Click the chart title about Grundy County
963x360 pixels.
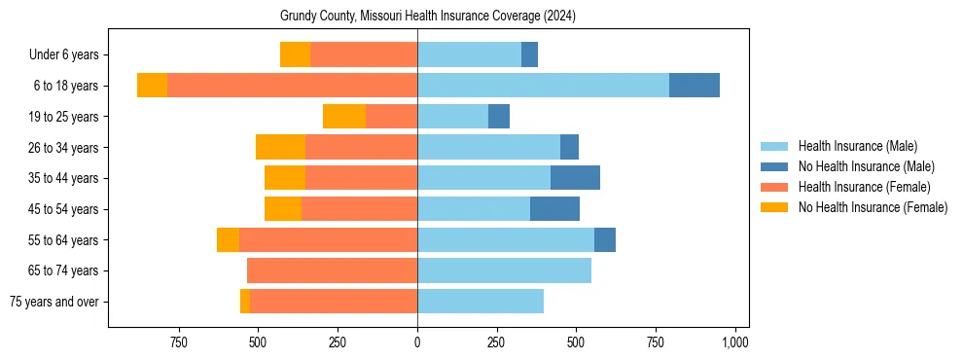(428, 17)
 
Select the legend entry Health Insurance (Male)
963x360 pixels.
(857, 146)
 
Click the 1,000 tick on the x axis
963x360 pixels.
(734, 342)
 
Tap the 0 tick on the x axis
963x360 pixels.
(417, 342)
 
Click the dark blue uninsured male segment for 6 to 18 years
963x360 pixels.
(695, 86)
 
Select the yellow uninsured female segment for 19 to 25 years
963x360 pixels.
(344, 117)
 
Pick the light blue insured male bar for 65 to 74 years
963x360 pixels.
(504, 270)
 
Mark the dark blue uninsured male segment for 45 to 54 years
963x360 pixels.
(554, 209)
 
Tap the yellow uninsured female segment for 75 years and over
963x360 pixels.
(245, 302)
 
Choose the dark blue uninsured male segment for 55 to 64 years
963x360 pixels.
(605, 239)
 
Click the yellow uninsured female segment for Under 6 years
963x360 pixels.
(295, 54)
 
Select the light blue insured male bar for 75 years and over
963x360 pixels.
(481, 302)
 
